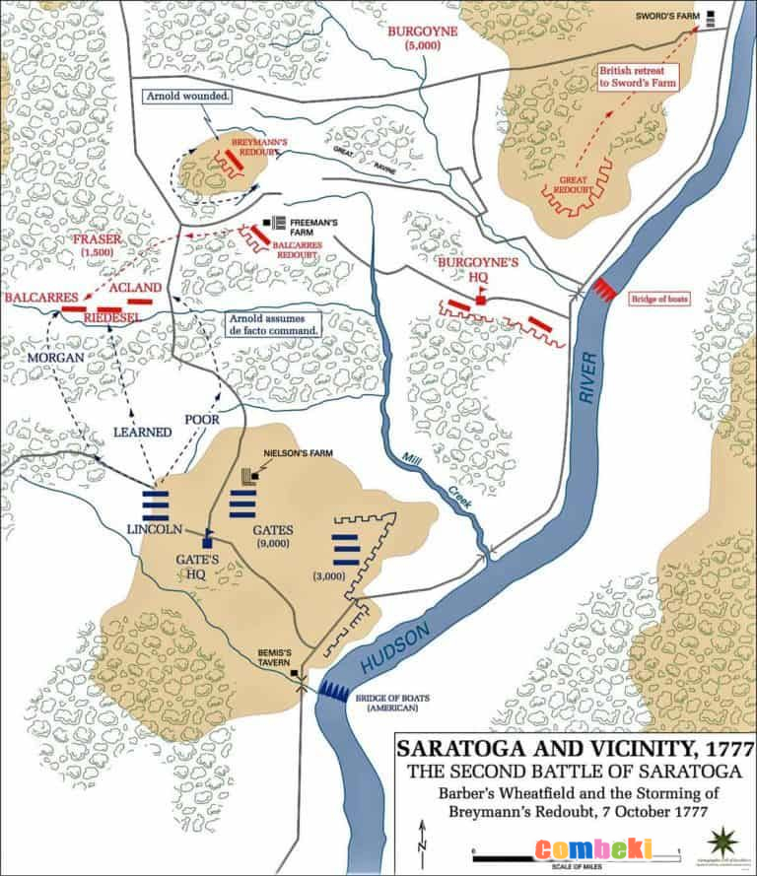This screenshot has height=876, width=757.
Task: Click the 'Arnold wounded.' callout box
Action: tap(187, 97)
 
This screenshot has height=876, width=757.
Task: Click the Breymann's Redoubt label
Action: tap(259, 148)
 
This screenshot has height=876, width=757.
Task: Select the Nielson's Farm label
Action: tap(301, 455)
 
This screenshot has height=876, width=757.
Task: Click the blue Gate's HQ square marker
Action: tap(208, 541)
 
